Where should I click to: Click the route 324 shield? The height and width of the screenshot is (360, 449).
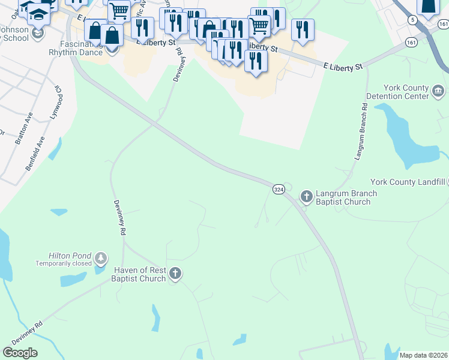pos(279,189)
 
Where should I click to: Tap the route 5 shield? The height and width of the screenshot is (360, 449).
pos(412,20)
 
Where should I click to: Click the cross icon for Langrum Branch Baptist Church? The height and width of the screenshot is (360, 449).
pos(306,196)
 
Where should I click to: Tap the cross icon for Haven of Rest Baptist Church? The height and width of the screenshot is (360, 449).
pos(175,274)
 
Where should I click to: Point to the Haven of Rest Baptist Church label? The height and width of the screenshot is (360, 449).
pos(138,274)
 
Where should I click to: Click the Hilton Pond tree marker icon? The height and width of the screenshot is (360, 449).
pos(101,259)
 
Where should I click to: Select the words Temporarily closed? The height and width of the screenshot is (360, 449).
pos(64,263)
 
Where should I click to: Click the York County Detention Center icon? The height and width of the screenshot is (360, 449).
pos(438,91)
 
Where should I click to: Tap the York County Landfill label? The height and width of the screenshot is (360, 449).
pos(408,182)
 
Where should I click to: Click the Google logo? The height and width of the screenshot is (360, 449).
pos(20,353)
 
